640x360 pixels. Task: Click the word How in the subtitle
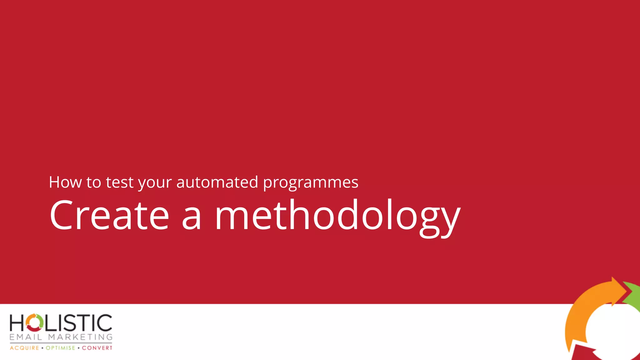tap(65, 182)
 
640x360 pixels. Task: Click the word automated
tap(217, 182)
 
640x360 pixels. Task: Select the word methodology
tap(337, 217)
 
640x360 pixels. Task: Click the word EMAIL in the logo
tap(26, 337)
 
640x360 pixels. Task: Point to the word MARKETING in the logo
tap(80, 337)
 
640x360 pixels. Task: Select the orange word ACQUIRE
tap(24, 348)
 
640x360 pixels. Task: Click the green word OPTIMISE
tap(61, 348)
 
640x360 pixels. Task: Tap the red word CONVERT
tap(97, 348)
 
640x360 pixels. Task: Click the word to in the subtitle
tap(93, 182)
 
